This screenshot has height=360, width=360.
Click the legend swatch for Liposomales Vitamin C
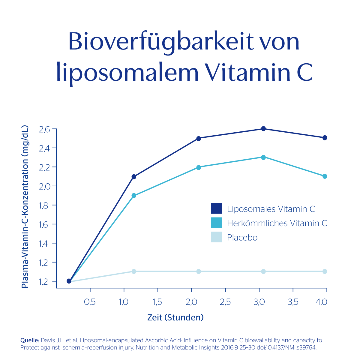pos(216,208)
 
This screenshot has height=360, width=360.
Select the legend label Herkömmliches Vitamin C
pos(277,223)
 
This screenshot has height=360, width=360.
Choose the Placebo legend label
pos(242,238)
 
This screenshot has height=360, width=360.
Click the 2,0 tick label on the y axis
pos(45,186)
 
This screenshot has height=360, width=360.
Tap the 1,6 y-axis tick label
pos(45,224)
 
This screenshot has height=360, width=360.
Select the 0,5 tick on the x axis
pos(90,302)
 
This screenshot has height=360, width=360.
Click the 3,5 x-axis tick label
pos(293,302)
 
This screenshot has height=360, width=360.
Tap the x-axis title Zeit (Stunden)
pos(175,317)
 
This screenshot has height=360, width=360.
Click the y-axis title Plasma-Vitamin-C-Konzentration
pos(25,207)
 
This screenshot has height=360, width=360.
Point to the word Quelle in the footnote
pos(29,340)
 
